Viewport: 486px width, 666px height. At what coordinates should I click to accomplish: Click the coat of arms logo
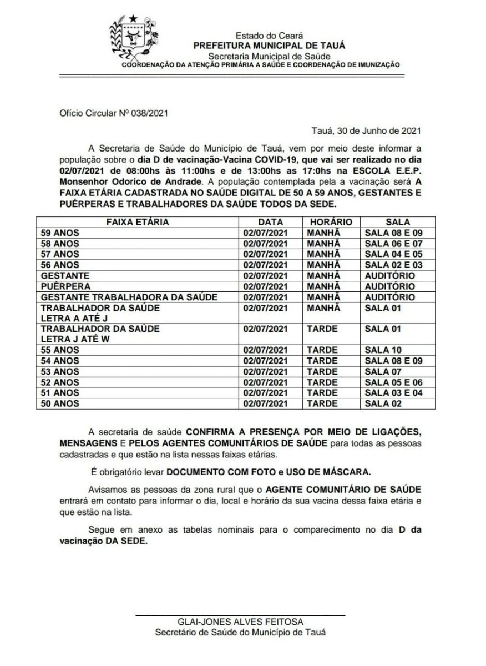click(x=133, y=37)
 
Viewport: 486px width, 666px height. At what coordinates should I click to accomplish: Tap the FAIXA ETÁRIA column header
click(x=138, y=222)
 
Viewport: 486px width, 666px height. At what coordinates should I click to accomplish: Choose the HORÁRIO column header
click(x=327, y=222)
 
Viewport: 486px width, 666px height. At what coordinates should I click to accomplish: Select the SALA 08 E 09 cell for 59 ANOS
click(x=393, y=233)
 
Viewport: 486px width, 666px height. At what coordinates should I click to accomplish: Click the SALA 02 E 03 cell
click(x=393, y=265)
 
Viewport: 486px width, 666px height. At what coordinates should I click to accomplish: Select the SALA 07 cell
click(x=383, y=371)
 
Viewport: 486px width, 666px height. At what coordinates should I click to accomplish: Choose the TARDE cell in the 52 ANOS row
click(x=322, y=382)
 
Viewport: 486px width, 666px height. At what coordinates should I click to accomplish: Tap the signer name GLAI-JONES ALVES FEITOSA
click(x=240, y=622)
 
